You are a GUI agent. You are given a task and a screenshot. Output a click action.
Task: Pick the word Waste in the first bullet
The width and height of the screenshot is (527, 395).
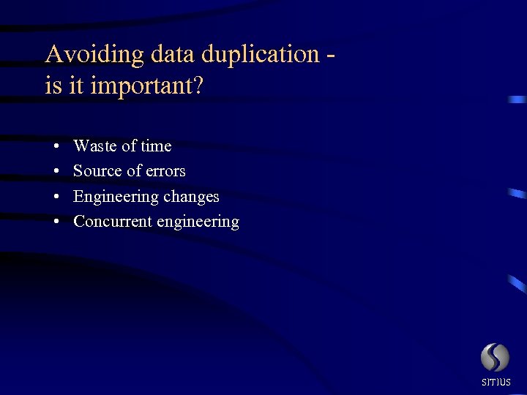pos(94,146)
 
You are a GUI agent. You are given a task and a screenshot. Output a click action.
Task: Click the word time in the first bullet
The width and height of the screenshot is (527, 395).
pos(156,146)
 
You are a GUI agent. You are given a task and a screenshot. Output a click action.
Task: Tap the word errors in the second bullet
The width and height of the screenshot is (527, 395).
pos(166,172)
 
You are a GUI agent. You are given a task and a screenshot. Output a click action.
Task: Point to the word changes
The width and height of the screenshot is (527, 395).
pos(191,197)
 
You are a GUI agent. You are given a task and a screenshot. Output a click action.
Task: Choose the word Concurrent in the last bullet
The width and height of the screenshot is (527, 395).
pos(112,221)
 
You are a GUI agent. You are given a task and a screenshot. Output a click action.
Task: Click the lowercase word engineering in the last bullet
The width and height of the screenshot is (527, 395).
pos(198,222)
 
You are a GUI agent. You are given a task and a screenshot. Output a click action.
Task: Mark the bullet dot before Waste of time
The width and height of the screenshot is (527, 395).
pos(56,147)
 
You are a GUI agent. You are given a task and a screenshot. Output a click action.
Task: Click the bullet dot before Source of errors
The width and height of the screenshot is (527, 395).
pos(56,172)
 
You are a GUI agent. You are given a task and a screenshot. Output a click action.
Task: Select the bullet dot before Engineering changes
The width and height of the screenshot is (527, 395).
pos(56,197)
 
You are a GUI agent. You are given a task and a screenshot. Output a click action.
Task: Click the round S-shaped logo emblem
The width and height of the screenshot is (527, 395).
pos(495,357)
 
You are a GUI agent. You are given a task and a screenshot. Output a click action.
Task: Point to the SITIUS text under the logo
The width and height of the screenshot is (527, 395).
pos(496,382)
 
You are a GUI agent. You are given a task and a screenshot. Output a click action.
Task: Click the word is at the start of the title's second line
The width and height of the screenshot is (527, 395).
pos(53,86)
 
